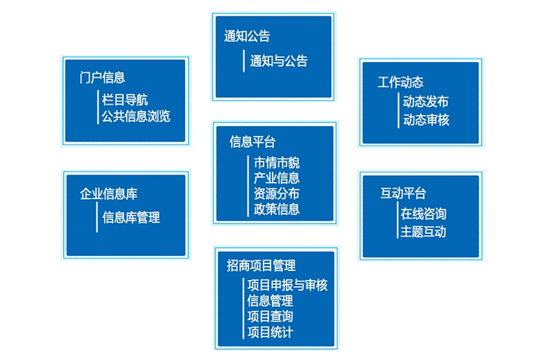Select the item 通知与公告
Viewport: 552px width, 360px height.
(x=279, y=61)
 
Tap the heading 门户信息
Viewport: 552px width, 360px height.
(x=102, y=77)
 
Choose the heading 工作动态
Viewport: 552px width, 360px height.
(x=400, y=83)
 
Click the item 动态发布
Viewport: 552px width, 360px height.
(x=426, y=102)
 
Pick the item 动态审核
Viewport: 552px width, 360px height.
(x=426, y=119)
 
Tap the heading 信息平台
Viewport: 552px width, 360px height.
(x=253, y=142)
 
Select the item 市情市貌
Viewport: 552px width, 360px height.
(x=277, y=163)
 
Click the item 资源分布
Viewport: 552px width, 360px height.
(x=277, y=194)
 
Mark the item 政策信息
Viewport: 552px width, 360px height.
(x=277, y=209)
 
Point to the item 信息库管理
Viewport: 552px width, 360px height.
(x=131, y=218)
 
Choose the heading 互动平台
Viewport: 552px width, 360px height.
(x=403, y=192)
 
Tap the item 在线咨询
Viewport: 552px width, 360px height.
(x=424, y=214)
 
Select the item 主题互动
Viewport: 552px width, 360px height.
(x=424, y=232)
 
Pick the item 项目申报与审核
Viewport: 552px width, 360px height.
(x=287, y=286)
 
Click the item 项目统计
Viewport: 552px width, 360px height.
(x=270, y=332)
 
